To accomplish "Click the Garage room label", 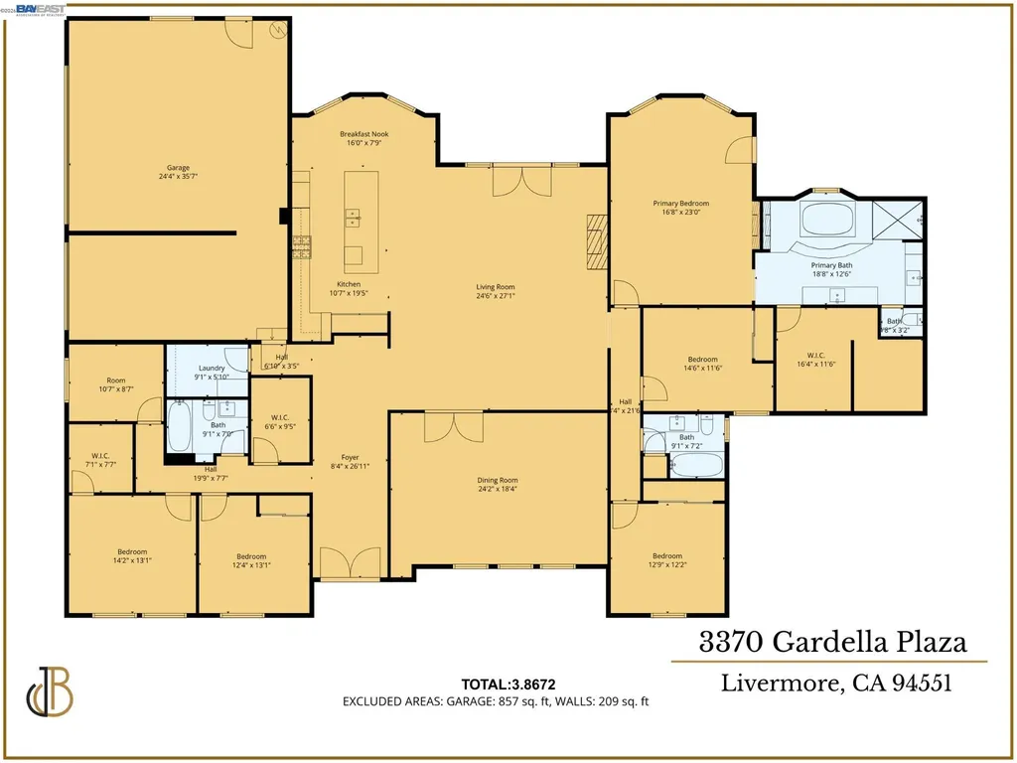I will [x=178, y=168].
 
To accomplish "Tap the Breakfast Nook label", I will [x=364, y=134].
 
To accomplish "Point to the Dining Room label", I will [x=497, y=480].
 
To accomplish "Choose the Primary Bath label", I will [x=831, y=266].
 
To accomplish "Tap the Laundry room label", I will [x=212, y=368].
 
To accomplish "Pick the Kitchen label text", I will [x=348, y=284].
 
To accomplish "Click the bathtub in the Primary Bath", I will [x=826, y=220].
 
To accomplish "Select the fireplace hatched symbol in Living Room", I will [x=595, y=241].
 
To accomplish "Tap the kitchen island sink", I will [x=353, y=216].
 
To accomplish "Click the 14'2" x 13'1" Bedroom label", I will [x=132, y=552].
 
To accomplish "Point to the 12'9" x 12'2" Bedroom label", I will [x=667, y=556].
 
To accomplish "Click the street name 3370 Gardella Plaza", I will [x=832, y=642].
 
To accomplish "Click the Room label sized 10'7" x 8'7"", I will [x=116, y=380].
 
